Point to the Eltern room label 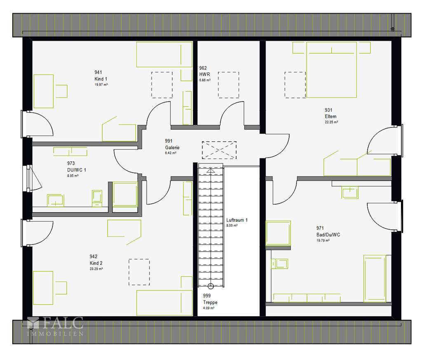click(x=331, y=116)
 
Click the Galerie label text click(x=172, y=147)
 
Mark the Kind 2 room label click(x=96, y=263)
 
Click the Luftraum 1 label click(x=237, y=220)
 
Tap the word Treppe click(x=210, y=302)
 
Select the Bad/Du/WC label click(x=328, y=234)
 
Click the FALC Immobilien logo click(x=55, y=327)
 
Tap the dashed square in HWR click(x=228, y=85)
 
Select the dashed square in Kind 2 click(x=139, y=272)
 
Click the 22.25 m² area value click(x=331, y=122)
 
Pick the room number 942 click(x=93, y=256)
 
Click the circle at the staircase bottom click(x=211, y=286)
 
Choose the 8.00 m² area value click(x=232, y=226)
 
